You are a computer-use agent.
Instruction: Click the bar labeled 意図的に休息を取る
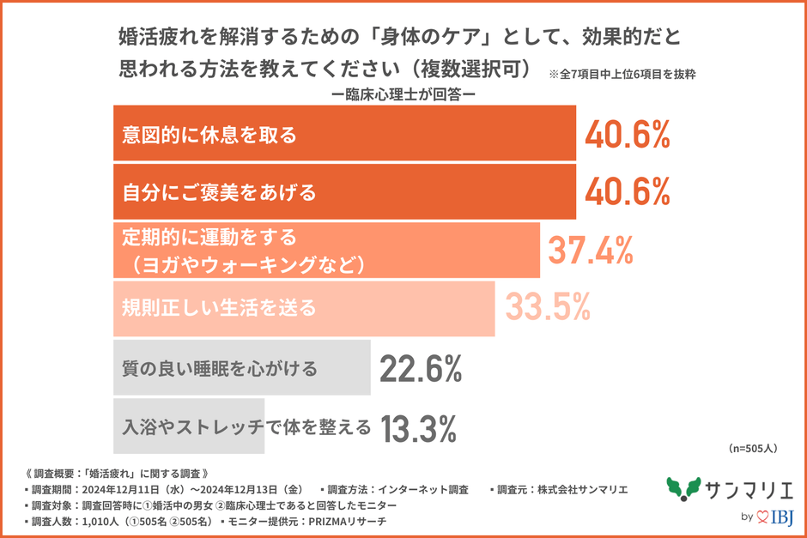(343, 133)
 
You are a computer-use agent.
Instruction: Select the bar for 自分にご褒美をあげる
(343, 191)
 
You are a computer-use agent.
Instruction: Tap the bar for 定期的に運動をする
(326, 250)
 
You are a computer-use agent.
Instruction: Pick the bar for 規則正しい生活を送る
(304, 307)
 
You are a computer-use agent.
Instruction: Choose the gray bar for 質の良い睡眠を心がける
(242, 367)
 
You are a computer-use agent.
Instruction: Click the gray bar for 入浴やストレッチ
(189, 426)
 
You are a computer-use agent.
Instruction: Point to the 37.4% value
(591, 250)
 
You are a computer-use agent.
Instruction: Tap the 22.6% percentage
(421, 369)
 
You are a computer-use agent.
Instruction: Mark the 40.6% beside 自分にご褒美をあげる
(627, 191)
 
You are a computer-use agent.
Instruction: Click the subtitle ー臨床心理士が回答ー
(403, 94)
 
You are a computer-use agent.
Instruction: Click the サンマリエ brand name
(745, 489)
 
